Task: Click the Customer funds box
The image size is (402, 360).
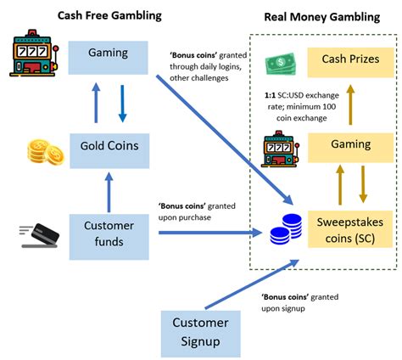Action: [109, 233]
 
